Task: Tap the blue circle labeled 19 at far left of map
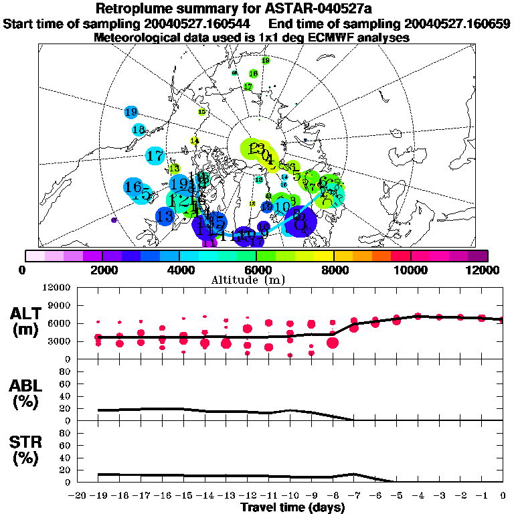pyautogui.click(x=131, y=112)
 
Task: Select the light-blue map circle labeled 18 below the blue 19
pyautogui.click(x=139, y=130)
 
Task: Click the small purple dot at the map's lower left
pyautogui.click(x=114, y=220)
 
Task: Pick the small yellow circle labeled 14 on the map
pyautogui.click(x=195, y=141)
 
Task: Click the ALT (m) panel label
pyautogui.click(x=27, y=321)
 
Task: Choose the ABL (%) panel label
pyautogui.click(x=27, y=393)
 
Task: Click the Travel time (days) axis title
pyautogui.click(x=292, y=508)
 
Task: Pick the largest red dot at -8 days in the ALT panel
pyautogui.click(x=333, y=343)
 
